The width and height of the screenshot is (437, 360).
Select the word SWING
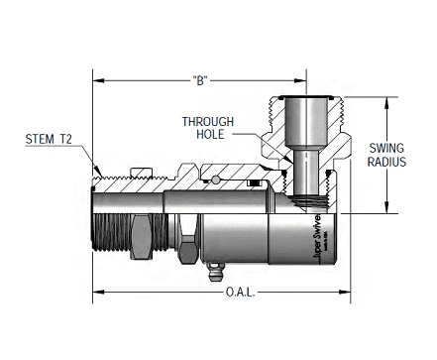(382, 148)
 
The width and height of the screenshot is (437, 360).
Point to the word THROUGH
(208, 122)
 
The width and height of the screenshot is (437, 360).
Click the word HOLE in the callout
(208, 136)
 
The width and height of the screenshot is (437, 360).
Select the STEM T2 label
(47, 140)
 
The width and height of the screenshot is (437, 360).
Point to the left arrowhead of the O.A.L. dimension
(97, 293)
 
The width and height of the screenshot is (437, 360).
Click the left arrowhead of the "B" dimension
(97, 77)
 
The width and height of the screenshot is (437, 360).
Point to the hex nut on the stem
(145, 238)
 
